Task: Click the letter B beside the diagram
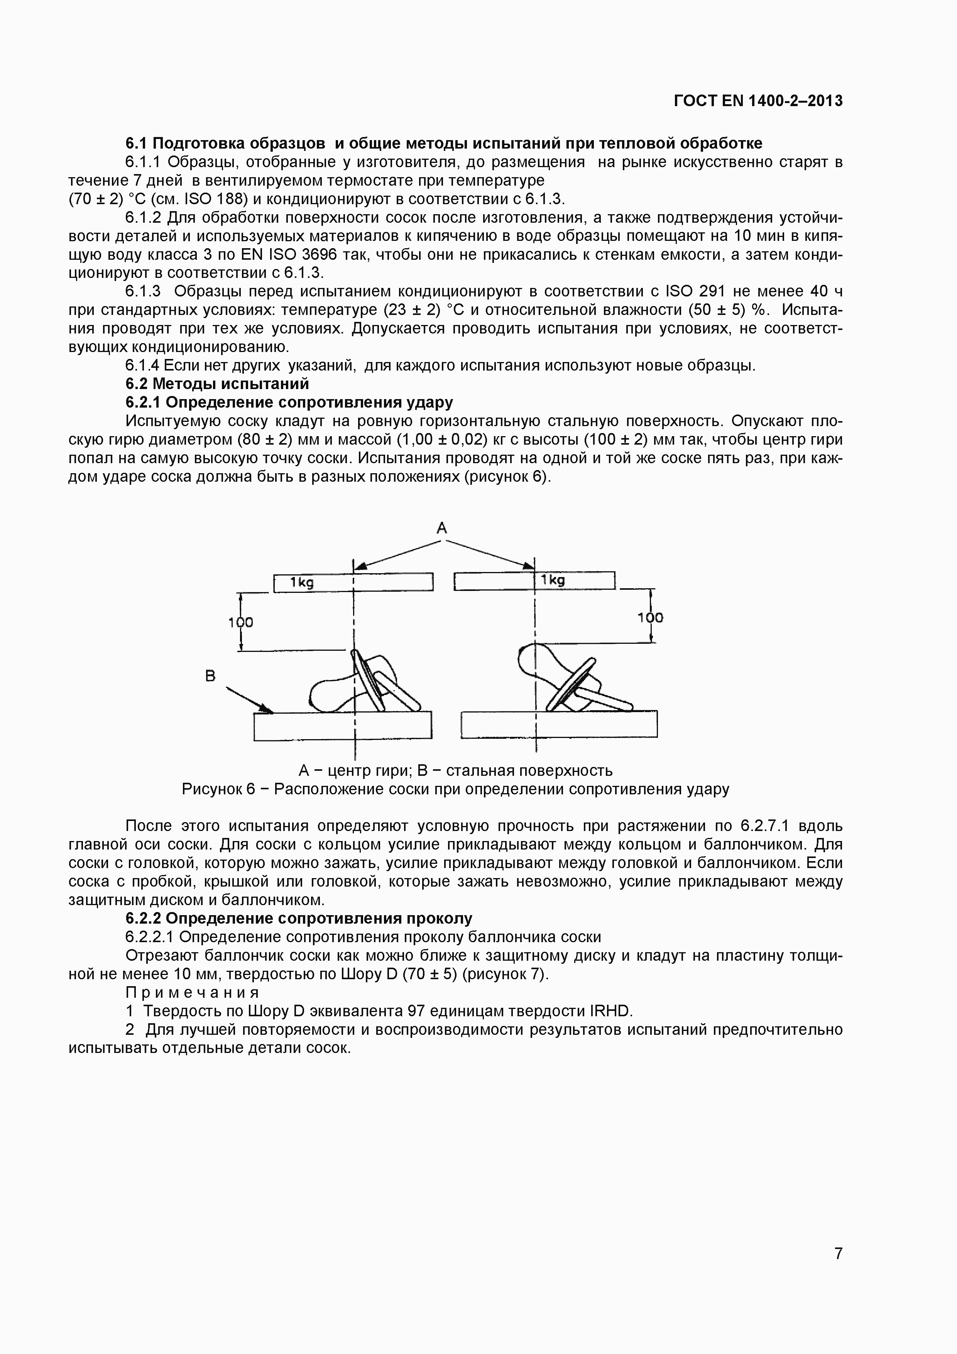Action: point(210,676)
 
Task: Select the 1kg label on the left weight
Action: point(301,583)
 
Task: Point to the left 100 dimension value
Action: point(240,622)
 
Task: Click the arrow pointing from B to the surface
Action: point(250,700)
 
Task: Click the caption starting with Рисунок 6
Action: point(455,789)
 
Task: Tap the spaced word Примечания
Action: point(192,992)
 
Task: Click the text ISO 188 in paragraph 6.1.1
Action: point(215,199)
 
